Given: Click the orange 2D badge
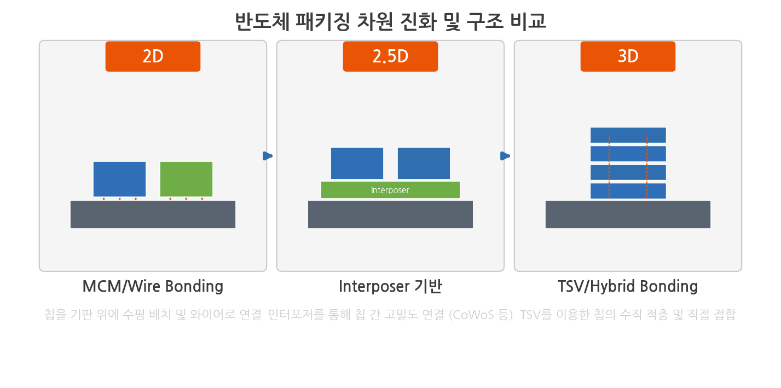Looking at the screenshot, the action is (x=153, y=56).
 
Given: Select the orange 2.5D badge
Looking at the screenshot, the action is (x=390, y=56).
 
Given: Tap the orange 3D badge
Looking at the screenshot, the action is (x=628, y=56).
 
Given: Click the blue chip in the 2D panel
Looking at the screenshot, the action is (x=120, y=179).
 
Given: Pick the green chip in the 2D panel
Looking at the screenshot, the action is (x=186, y=179).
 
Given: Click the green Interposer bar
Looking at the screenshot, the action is (x=390, y=190).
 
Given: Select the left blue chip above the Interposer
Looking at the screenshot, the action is (x=357, y=163).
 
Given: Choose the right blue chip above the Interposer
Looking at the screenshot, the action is (x=424, y=163).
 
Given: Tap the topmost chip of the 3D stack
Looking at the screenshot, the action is (x=628, y=135).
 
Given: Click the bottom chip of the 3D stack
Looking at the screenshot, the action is (x=628, y=191).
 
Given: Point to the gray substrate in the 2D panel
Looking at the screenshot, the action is (x=153, y=215).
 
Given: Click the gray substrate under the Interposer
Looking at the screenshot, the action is (x=390, y=215).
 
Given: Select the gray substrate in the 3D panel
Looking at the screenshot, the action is (x=628, y=215).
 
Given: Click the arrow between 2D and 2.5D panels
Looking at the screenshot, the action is (x=268, y=156).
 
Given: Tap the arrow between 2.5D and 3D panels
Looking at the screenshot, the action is (x=505, y=156).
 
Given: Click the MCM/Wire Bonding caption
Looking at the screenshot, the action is (x=153, y=287).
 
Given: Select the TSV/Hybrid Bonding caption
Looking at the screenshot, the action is (x=628, y=287).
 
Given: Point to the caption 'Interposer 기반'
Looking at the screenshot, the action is (x=390, y=287).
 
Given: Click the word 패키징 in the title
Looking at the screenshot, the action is (x=322, y=21).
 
